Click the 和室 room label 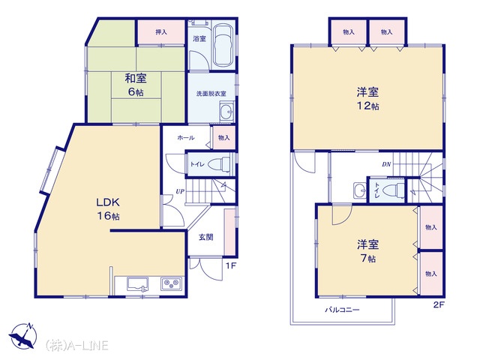(x=136, y=79)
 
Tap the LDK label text (x=108, y=202)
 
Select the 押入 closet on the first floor (x=161, y=31)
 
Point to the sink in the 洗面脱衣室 (x=226, y=112)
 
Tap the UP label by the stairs (x=180, y=191)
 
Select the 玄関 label (x=206, y=237)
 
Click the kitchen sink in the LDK (x=138, y=283)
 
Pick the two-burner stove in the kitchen (x=171, y=283)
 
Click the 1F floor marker (x=231, y=265)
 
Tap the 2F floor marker (x=439, y=304)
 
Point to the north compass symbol (x=23, y=335)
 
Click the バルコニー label (x=342, y=310)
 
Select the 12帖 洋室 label (x=367, y=98)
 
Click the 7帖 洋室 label (x=367, y=251)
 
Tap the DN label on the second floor (x=386, y=164)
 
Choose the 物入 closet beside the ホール (x=224, y=138)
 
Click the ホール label (x=186, y=138)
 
